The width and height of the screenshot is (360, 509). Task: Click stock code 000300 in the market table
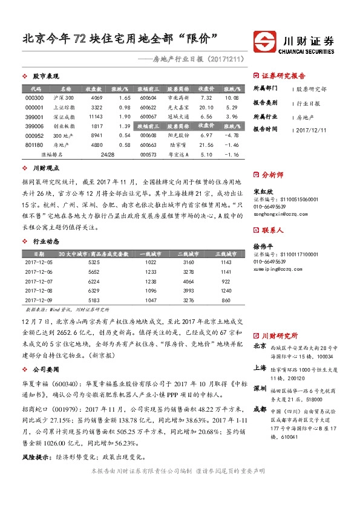tap(34, 97)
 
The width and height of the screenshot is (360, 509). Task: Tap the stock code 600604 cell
tap(148, 97)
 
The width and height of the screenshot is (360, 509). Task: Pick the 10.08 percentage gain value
tap(231, 97)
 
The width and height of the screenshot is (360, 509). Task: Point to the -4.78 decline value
tap(231, 135)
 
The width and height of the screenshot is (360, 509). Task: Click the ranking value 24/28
tap(109, 155)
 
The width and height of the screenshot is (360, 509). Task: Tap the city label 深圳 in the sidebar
tap(260, 387)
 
